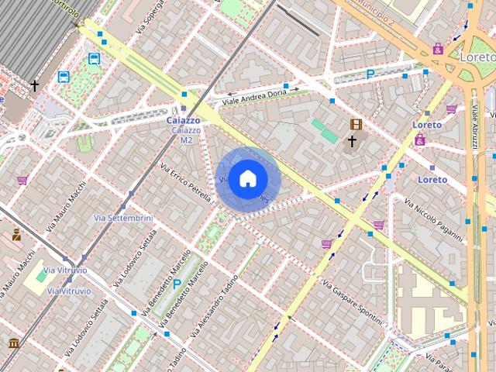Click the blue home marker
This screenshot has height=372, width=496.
(247, 179)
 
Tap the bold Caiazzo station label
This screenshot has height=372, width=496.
(184, 121)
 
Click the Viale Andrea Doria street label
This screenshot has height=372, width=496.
(254, 96)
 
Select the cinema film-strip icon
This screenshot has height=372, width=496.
(355, 124)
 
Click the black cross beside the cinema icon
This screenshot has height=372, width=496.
(352, 141)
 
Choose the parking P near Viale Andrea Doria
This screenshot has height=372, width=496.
(370, 74)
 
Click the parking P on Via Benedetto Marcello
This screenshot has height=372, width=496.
(177, 284)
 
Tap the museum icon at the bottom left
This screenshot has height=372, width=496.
(13, 343)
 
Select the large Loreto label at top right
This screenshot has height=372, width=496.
(477, 57)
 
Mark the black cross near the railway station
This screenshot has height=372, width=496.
(34, 85)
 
